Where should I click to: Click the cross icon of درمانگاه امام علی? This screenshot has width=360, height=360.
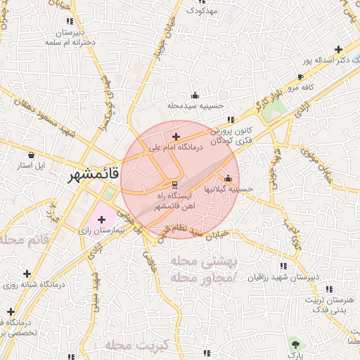pos(175,136)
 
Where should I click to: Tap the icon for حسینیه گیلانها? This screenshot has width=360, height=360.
pos(228,177)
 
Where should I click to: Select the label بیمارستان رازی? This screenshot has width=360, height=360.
pos(100,231)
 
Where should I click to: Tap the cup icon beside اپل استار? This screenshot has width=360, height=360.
pos(30,154)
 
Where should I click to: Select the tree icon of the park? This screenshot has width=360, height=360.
pos(296,343)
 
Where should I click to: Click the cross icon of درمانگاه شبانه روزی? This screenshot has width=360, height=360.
pos(27,274)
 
